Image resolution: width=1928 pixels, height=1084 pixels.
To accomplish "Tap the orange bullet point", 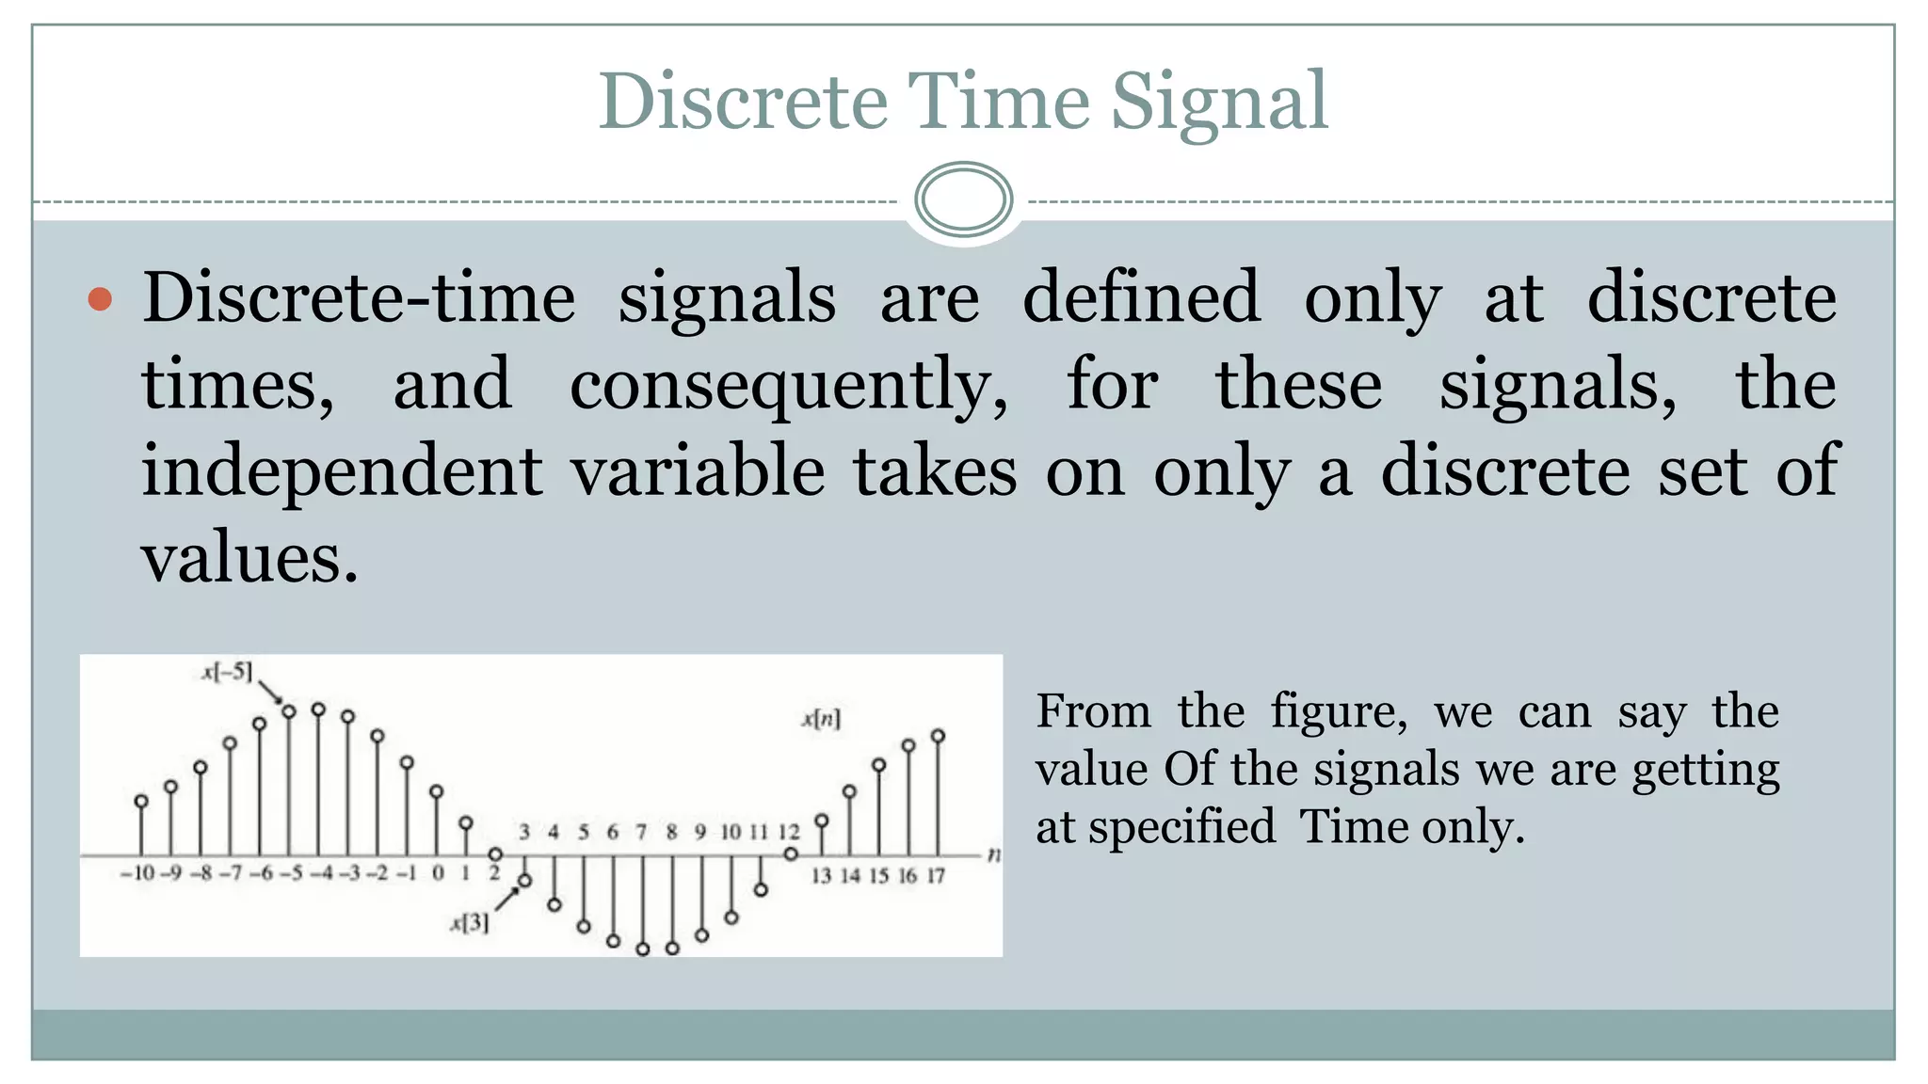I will [x=100, y=300].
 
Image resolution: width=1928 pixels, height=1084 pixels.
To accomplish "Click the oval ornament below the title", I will [x=963, y=199].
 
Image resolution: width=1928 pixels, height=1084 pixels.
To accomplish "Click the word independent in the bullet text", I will [x=342, y=470].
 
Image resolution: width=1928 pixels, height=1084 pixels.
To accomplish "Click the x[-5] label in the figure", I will [x=227, y=672].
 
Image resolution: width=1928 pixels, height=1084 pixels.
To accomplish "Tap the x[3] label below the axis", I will [x=470, y=923].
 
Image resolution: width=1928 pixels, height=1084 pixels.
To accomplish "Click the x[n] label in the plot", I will [x=821, y=720].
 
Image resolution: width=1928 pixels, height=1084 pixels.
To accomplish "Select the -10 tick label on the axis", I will [x=137, y=874].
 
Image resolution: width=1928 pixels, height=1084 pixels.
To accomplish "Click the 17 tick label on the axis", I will [x=935, y=876].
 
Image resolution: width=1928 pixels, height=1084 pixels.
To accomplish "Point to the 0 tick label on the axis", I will [x=437, y=874].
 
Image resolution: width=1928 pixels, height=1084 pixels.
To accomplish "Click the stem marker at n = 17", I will [x=938, y=736].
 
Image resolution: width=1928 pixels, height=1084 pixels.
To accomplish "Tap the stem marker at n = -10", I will [x=141, y=802].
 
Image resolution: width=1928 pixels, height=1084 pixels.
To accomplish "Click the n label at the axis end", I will [x=993, y=855].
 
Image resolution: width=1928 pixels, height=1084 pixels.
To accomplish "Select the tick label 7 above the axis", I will [x=641, y=832].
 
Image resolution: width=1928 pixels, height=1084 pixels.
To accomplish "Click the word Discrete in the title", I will [x=743, y=102].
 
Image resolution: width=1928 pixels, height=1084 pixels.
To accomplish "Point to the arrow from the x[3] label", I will [x=506, y=898].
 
